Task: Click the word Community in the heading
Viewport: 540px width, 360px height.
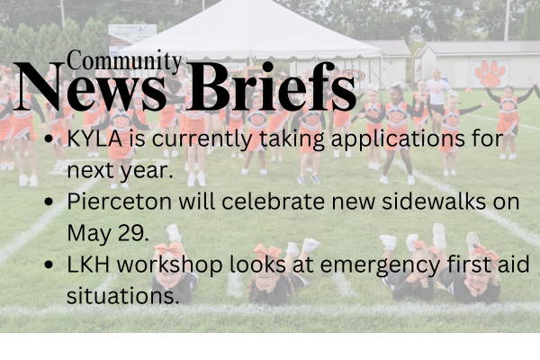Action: tap(124, 61)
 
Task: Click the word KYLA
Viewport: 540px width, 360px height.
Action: tap(94, 139)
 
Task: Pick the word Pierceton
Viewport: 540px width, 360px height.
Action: tap(119, 202)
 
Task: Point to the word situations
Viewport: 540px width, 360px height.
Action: tap(122, 295)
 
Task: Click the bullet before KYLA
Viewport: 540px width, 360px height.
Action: tap(49, 139)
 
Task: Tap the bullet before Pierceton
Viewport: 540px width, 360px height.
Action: tap(49, 202)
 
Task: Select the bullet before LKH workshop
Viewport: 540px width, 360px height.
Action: tap(49, 265)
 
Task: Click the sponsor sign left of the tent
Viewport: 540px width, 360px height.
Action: tap(132, 34)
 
